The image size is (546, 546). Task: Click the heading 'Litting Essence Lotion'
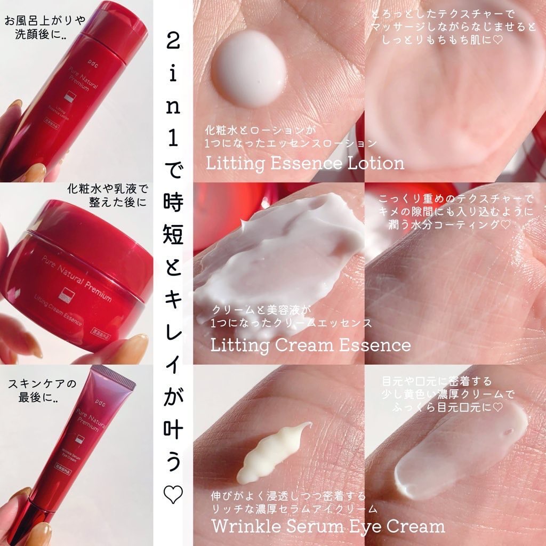305,162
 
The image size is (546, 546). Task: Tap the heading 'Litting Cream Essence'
310,344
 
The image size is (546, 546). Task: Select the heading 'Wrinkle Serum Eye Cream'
328,526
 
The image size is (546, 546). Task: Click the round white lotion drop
249,71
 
